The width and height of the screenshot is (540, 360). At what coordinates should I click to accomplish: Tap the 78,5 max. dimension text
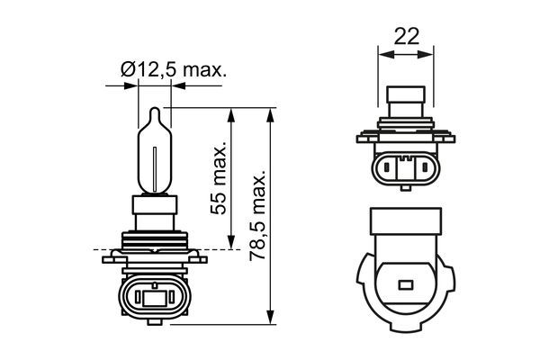pyautogui.click(x=260, y=215)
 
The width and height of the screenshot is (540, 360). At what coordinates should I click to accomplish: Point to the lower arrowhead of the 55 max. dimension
pyautogui.click(x=231, y=244)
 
